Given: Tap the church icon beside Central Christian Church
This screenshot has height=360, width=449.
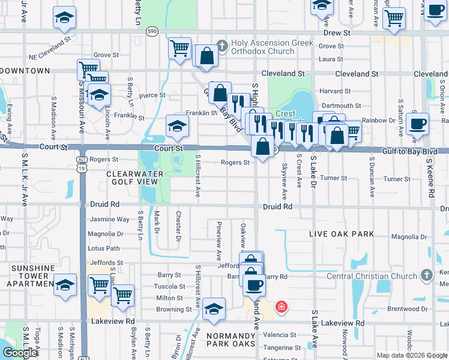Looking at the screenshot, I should tap(426, 275).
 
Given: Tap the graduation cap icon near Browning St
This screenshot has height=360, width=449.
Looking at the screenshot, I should tap(214, 308).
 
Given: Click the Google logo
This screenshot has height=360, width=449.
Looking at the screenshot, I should tap(20, 352).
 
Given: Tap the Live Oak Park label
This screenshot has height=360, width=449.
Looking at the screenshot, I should tap(342, 234).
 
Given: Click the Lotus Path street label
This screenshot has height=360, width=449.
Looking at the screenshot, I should tap(104, 248).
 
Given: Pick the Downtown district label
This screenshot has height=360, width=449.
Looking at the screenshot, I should tap(25, 71).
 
